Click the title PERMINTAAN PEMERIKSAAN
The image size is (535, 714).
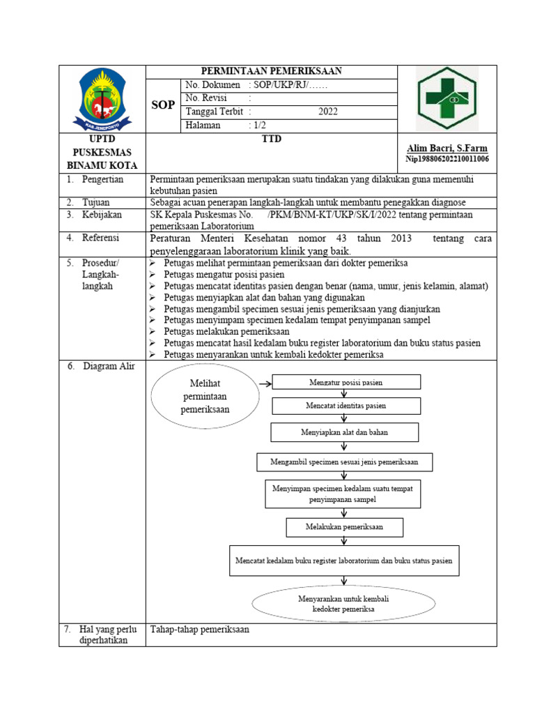(271, 71)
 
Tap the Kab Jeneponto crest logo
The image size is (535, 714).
(102, 100)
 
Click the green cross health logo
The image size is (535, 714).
(447, 99)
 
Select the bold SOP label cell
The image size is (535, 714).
(163, 105)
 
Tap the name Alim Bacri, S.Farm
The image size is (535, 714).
(447, 149)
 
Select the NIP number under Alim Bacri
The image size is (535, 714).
(447, 159)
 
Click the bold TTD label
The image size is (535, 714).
(271, 139)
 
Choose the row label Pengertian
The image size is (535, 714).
(103, 179)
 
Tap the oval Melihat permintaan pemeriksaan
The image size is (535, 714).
(205, 397)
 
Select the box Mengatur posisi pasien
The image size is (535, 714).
(346, 382)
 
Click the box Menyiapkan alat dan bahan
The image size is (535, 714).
(344, 432)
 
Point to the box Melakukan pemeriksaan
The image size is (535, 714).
(344, 526)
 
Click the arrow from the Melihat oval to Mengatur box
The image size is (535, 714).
(264, 383)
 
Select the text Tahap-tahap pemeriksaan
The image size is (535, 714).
(199, 629)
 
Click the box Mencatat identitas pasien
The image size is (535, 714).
(346, 406)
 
